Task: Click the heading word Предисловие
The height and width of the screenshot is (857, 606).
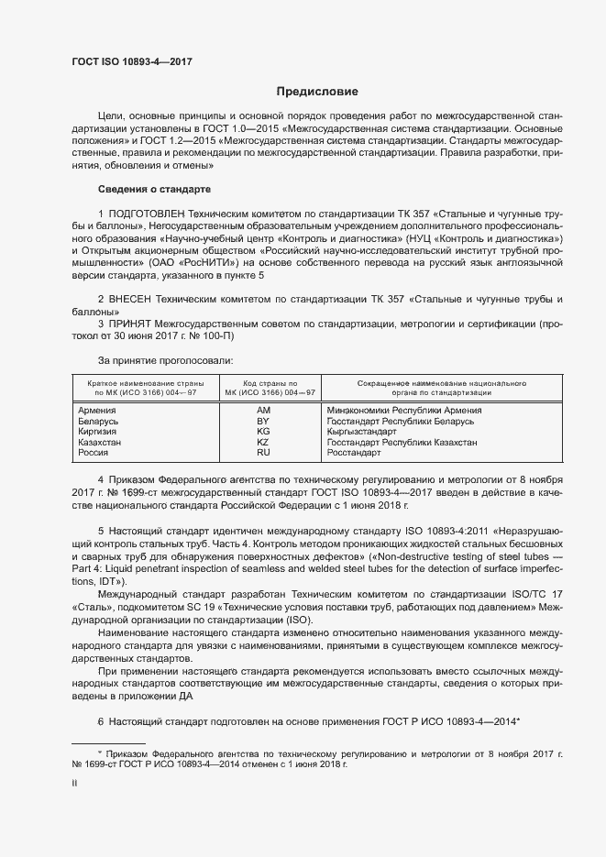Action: point(318,92)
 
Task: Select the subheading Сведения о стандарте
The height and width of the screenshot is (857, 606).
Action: point(154,189)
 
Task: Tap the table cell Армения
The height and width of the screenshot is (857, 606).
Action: point(98,411)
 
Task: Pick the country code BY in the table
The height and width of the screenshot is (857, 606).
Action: point(263,421)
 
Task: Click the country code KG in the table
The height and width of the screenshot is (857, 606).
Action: point(263,432)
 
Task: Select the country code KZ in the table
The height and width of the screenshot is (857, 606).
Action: point(263,442)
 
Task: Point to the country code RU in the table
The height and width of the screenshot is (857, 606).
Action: point(263,453)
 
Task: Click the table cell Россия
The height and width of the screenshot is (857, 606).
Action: point(95,453)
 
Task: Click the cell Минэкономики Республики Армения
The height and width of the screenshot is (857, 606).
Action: point(403,411)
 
